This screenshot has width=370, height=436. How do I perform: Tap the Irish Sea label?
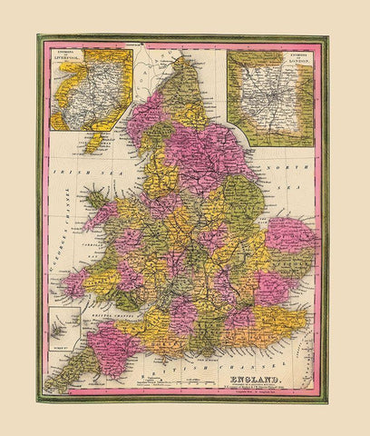tap(67, 171)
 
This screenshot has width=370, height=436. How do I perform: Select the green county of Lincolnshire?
tap(243, 202)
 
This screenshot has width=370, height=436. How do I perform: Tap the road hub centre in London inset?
tap(270, 97)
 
